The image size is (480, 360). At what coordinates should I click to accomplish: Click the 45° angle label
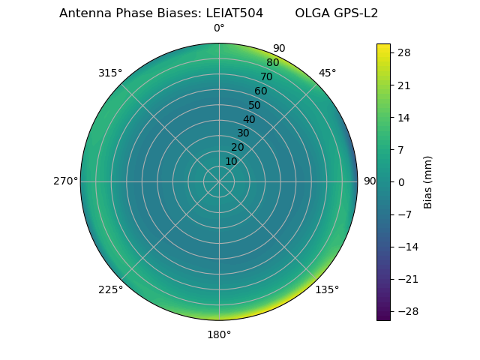click(327, 73)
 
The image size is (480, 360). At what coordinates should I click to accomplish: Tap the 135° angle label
click(327, 289)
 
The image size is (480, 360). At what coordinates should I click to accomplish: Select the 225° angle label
click(110, 289)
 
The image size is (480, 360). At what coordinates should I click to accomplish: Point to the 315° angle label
click(110, 73)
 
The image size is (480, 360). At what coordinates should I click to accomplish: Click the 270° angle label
click(66, 181)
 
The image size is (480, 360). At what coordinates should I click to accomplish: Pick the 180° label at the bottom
click(219, 334)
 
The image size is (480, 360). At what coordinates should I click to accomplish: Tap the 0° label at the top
click(219, 28)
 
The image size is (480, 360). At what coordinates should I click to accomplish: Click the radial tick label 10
click(232, 161)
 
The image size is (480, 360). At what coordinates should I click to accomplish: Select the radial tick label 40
click(249, 119)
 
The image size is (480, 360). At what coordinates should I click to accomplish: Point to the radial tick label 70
click(267, 76)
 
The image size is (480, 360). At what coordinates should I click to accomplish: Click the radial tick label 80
click(272, 62)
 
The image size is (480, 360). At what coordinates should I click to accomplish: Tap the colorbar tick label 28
click(403, 53)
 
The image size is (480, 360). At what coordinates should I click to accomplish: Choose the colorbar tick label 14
click(403, 118)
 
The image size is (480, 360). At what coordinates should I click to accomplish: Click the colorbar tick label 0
click(401, 182)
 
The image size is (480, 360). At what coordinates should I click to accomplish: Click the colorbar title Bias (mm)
click(428, 182)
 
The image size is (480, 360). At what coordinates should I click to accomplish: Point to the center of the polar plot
click(219, 181)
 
